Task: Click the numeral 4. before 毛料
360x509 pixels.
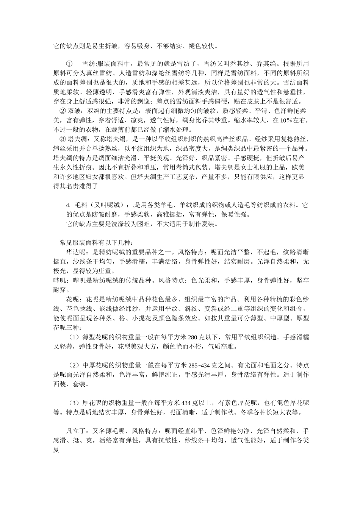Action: pos(68,205)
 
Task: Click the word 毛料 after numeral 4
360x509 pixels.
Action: pos(81,205)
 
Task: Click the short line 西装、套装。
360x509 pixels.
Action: pos(71,384)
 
